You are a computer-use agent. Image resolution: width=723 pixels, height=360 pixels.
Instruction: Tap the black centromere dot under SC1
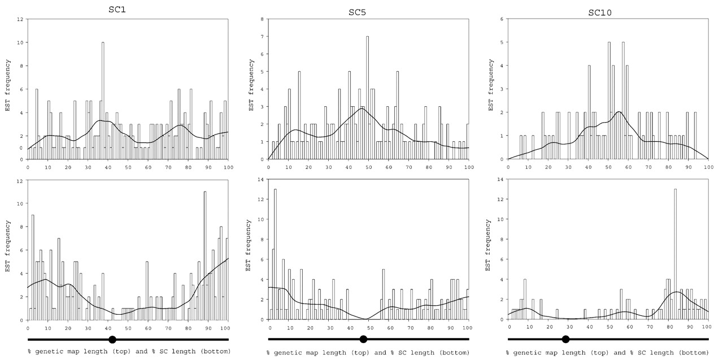pos(112,339)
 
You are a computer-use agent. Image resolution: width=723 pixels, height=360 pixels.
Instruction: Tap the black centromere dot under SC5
pos(363,339)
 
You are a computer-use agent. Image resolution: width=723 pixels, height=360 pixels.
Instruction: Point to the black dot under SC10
pos(565,339)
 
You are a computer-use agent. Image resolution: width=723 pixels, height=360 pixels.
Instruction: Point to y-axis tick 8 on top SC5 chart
pos(262,19)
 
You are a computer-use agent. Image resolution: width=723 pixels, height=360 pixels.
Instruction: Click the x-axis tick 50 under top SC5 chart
pos(368,167)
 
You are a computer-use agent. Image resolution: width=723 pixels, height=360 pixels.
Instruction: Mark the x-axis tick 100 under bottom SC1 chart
pos(228,327)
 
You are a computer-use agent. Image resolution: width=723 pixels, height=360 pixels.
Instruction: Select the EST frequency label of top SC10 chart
pos(491,89)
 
